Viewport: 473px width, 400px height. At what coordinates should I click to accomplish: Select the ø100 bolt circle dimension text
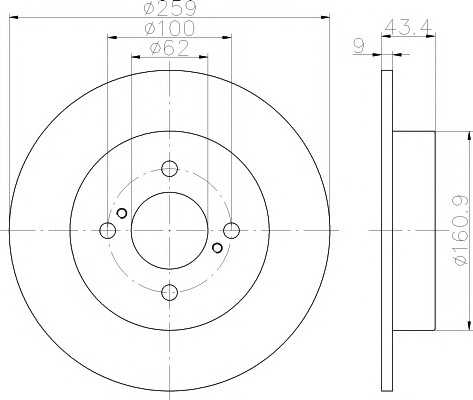coord(169,28)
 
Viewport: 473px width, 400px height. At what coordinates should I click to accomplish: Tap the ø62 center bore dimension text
coord(169,48)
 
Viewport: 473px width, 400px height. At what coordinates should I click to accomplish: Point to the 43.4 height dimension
coord(408,26)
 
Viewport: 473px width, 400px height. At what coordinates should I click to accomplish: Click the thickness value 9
coord(359,46)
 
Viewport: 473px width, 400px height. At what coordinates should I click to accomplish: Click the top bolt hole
coord(169,169)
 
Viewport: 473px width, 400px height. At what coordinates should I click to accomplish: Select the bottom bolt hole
coord(169,292)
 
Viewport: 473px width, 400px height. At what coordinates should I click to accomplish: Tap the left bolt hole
coord(108,230)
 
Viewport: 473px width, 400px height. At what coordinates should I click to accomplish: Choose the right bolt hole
coord(231,230)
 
